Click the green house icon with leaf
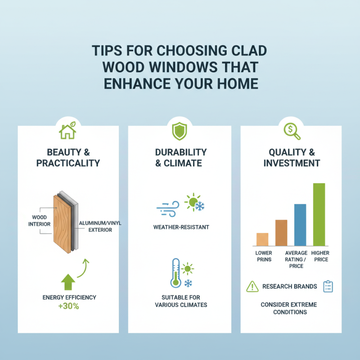[68, 131]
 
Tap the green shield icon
[180, 131]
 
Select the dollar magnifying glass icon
[291, 130]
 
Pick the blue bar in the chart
[300, 225]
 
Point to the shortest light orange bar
[262, 239]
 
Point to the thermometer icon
[175, 273]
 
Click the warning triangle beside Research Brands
[252, 286]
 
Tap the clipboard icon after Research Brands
[328, 286]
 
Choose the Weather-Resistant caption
[181, 227]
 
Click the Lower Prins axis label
[263, 256]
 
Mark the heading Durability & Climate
[181, 157]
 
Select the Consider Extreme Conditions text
[289, 308]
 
